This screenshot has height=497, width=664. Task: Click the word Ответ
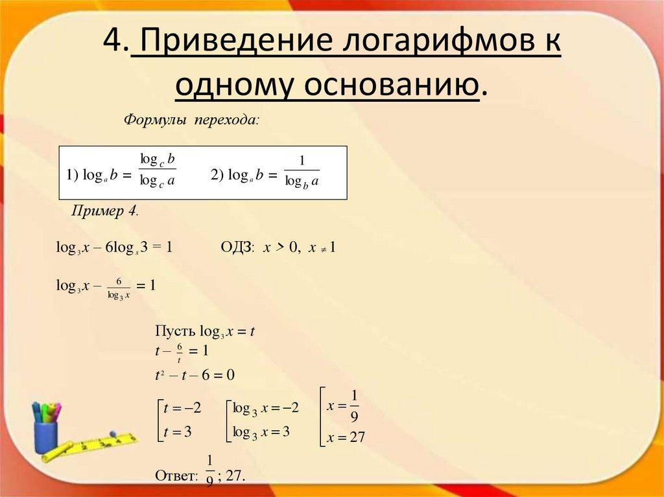pos(176,476)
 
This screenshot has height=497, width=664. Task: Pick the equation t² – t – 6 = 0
pos(194,375)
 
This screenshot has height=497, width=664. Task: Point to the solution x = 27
pos(346,438)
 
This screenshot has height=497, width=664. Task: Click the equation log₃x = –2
pos(265,408)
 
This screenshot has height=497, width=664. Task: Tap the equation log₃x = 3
pos(261,432)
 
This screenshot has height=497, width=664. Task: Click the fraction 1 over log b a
pos(302,172)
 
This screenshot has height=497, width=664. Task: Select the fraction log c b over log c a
pos(158,171)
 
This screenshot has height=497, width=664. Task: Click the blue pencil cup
pos(45,435)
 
